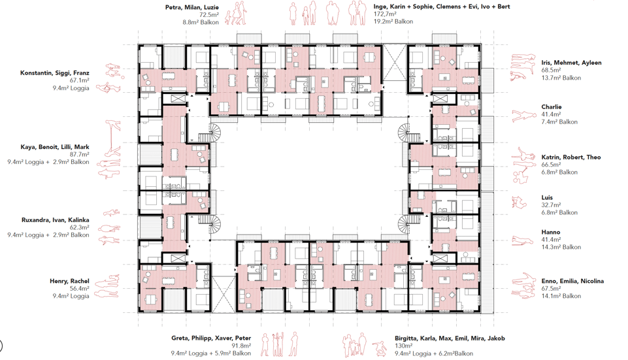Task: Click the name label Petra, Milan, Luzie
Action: pyautogui.click(x=192, y=7)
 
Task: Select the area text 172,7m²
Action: pyautogui.click(x=385, y=14)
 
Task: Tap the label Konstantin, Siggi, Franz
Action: pyautogui.click(x=55, y=73)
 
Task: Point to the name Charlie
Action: pyautogui.click(x=552, y=107)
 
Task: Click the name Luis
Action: pyautogui.click(x=547, y=197)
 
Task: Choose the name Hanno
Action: pyautogui.click(x=551, y=232)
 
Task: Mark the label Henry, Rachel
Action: pyautogui.click(x=69, y=281)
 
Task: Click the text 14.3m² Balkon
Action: pyautogui.click(x=561, y=247)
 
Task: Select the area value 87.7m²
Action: pyautogui.click(x=79, y=155)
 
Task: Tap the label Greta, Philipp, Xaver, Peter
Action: pyautogui.click(x=211, y=338)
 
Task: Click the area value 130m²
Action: pyautogui.click(x=404, y=346)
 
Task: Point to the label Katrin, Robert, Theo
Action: pyautogui.click(x=571, y=157)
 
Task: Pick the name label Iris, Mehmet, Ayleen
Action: pyautogui.click(x=572, y=63)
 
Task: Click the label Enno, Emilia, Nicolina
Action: pyautogui.click(x=572, y=281)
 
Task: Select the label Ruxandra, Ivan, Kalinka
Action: pyautogui.click(x=56, y=220)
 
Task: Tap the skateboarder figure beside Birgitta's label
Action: pyautogui.click(x=379, y=349)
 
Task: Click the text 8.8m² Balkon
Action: pyautogui.click(x=201, y=22)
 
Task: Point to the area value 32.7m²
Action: pyautogui.click(x=551, y=205)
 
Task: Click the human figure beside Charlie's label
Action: pyautogui.click(x=524, y=116)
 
